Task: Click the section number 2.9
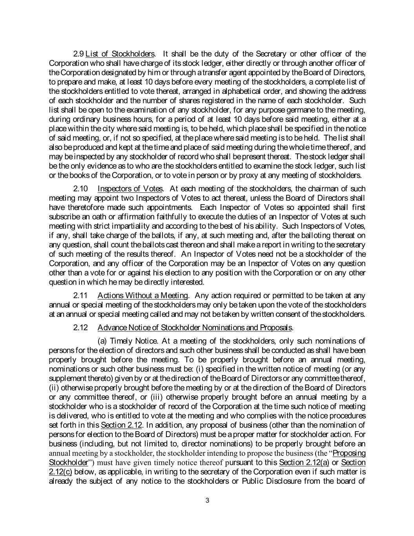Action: click(78, 54)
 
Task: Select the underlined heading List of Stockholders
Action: click(120, 54)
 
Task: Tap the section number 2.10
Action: click(80, 188)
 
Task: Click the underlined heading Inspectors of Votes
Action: click(130, 188)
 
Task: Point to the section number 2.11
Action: click(80, 295)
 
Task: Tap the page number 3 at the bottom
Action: click(207, 500)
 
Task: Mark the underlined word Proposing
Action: click(349, 453)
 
